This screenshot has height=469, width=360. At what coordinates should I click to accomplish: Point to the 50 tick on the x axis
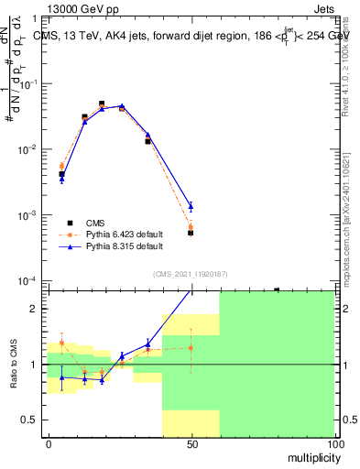(191, 443)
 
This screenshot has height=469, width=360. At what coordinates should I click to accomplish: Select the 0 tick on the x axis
(49, 443)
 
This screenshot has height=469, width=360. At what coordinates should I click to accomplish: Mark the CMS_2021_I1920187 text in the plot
(191, 273)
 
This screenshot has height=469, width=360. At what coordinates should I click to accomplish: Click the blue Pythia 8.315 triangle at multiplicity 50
(191, 206)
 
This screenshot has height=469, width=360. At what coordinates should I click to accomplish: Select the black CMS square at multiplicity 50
(191, 233)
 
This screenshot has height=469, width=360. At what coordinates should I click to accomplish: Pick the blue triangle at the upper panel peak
(122, 106)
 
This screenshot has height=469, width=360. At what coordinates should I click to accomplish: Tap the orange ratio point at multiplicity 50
(191, 347)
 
